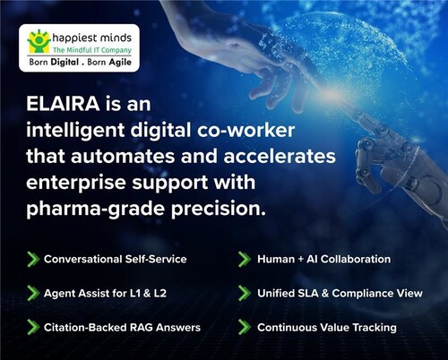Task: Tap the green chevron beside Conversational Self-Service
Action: click(x=32, y=259)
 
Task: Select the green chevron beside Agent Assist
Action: click(x=32, y=293)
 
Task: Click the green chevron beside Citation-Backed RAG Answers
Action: click(x=32, y=327)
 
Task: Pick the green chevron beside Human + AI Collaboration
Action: click(x=243, y=259)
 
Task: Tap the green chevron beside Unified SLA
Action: click(x=243, y=293)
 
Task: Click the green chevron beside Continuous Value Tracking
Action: click(x=243, y=327)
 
